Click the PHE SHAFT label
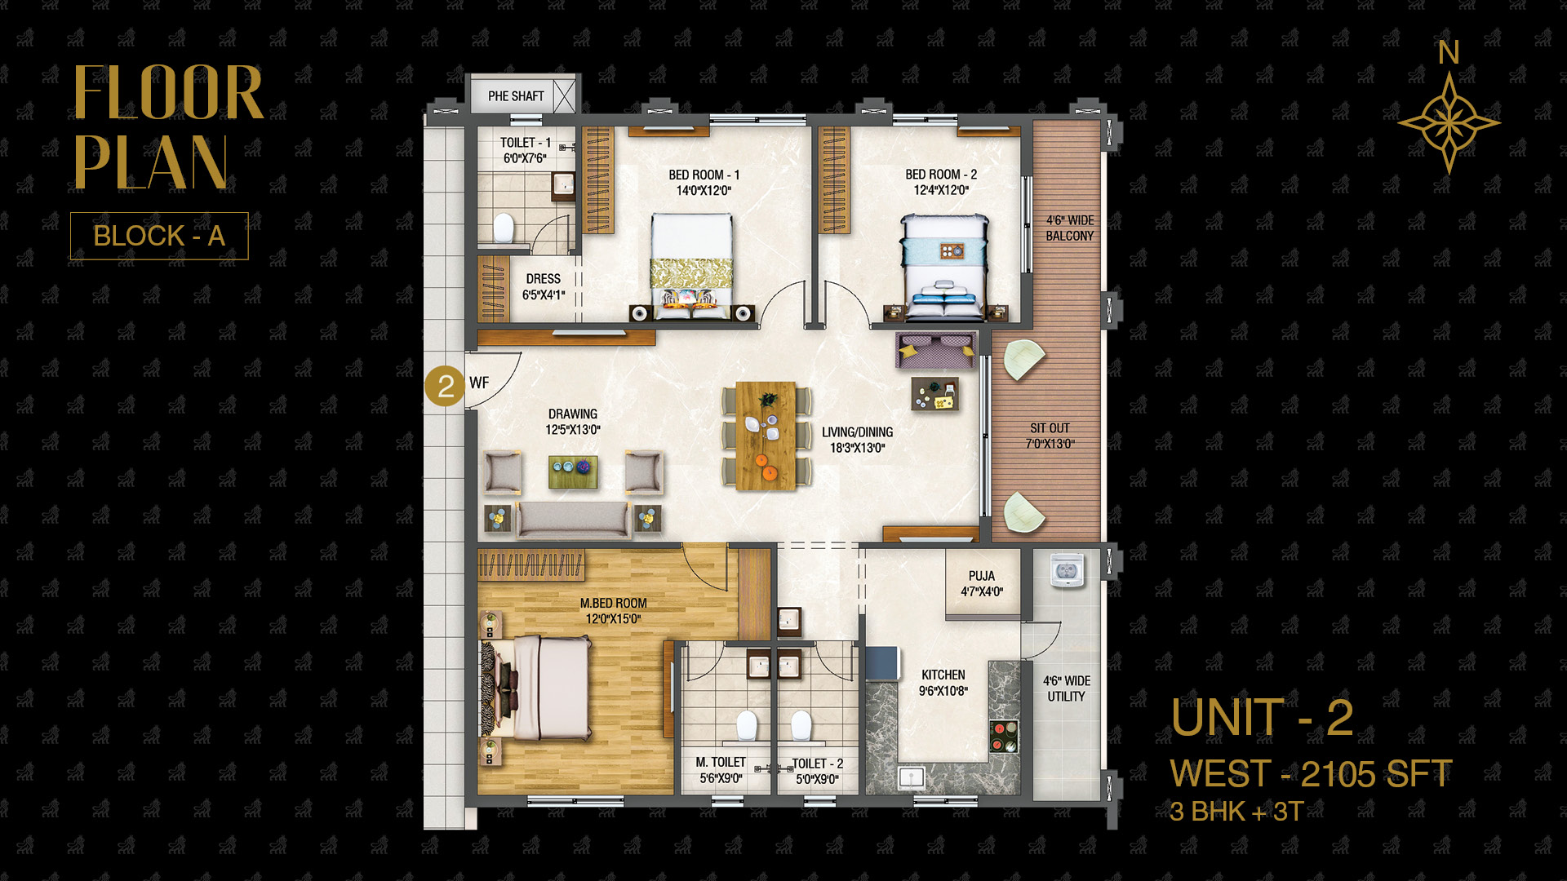pyautogui.click(x=516, y=96)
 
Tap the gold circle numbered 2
pyautogui.click(x=445, y=385)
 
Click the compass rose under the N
pyautogui.click(x=1449, y=123)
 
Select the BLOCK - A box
pyautogui.click(x=159, y=236)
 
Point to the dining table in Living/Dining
pyautogui.click(x=766, y=436)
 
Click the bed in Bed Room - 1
pyautogui.click(x=690, y=265)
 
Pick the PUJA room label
pyautogui.click(x=982, y=583)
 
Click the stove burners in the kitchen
pyautogui.click(x=1004, y=736)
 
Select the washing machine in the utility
pyautogui.click(x=1066, y=570)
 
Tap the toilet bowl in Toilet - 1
pyautogui.click(x=504, y=228)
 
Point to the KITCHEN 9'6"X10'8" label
pyautogui.click(x=943, y=683)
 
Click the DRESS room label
pyautogui.click(x=544, y=286)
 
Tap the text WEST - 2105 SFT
pyautogui.click(x=1311, y=773)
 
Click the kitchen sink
pyautogui.click(x=911, y=777)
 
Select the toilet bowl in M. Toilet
pyautogui.click(x=747, y=725)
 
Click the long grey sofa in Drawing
pyautogui.click(x=573, y=520)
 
